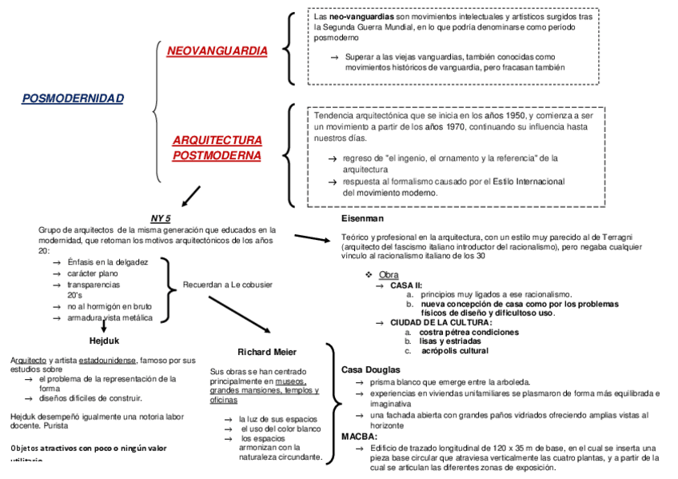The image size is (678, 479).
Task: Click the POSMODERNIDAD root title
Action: [x=73, y=98]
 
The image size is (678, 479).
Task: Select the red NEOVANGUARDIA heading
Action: [x=217, y=51]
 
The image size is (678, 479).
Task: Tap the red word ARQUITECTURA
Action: [x=217, y=140]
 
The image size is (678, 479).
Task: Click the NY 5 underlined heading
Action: [x=161, y=218]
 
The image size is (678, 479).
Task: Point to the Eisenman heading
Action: [x=362, y=218]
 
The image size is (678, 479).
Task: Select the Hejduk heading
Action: [x=104, y=341]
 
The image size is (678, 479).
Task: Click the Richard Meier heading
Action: [x=267, y=352]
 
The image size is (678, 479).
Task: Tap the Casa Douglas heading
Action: [x=370, y=369]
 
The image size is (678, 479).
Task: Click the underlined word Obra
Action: [x=389, y=275]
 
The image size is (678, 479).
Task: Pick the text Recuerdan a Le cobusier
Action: [x=228, y=284]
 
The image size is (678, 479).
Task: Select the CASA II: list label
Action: [x=406, y=285]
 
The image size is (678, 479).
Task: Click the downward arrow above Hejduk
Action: [x=104, y=325]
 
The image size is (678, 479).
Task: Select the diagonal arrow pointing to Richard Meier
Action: [x=240, y=314]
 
